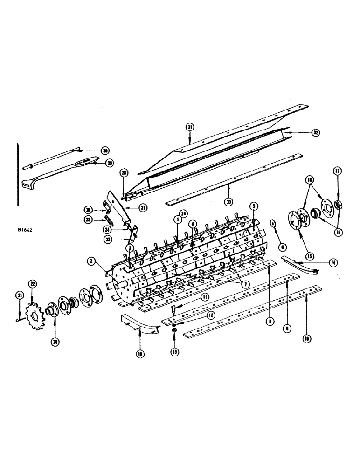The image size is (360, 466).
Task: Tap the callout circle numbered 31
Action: (189, 127)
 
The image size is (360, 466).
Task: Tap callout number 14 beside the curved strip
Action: (332, 263)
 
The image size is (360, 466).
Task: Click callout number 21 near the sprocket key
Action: (20, 295)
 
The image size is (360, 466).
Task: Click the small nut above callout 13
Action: (173, 331)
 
